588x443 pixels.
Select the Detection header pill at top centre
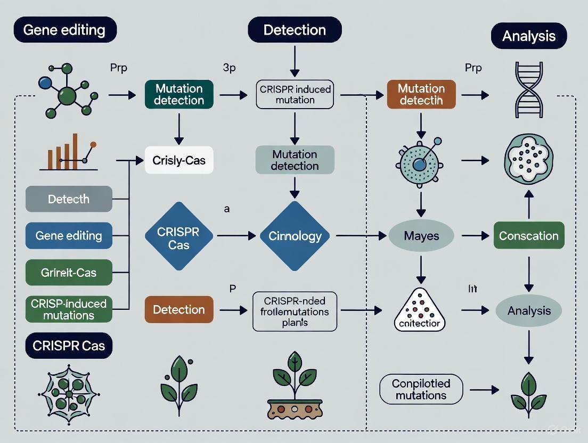294,29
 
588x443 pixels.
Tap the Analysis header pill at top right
528,36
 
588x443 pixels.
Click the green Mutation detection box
179,94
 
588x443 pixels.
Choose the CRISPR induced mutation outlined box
295,94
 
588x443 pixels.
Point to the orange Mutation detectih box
421,94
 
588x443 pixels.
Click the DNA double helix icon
529,89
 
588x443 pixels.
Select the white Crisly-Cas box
179,160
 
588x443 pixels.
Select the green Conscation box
528,236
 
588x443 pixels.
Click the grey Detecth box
69,200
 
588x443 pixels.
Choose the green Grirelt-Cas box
69,273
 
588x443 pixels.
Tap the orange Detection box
179,309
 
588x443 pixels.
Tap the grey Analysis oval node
528,310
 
